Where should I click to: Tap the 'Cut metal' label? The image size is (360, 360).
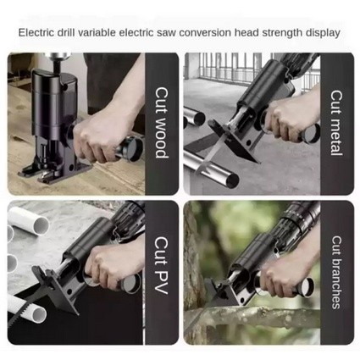[x=336, y=123]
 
